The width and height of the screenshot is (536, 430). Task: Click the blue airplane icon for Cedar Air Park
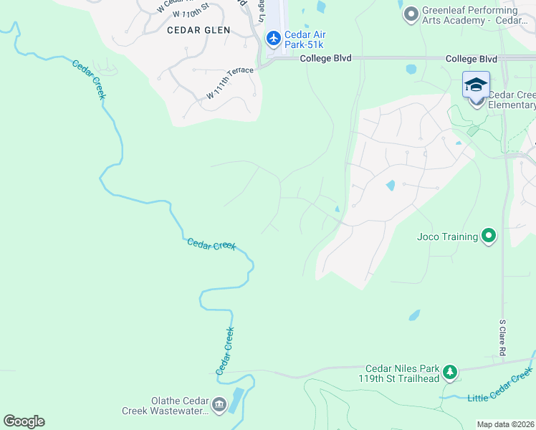coord(273,37)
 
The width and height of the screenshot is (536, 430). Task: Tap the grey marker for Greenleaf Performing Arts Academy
coord(411,14)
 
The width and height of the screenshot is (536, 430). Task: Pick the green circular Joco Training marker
coord(489,236)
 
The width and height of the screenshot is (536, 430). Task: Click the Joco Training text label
coord(447,236)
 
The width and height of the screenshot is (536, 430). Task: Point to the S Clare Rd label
coord(503,338)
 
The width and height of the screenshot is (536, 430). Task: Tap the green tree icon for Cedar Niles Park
coord(449,371)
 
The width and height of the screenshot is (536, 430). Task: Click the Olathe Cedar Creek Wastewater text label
coord(170,406)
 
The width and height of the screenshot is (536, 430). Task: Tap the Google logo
coord(24,421)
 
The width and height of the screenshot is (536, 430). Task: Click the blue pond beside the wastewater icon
coord(236,398)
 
